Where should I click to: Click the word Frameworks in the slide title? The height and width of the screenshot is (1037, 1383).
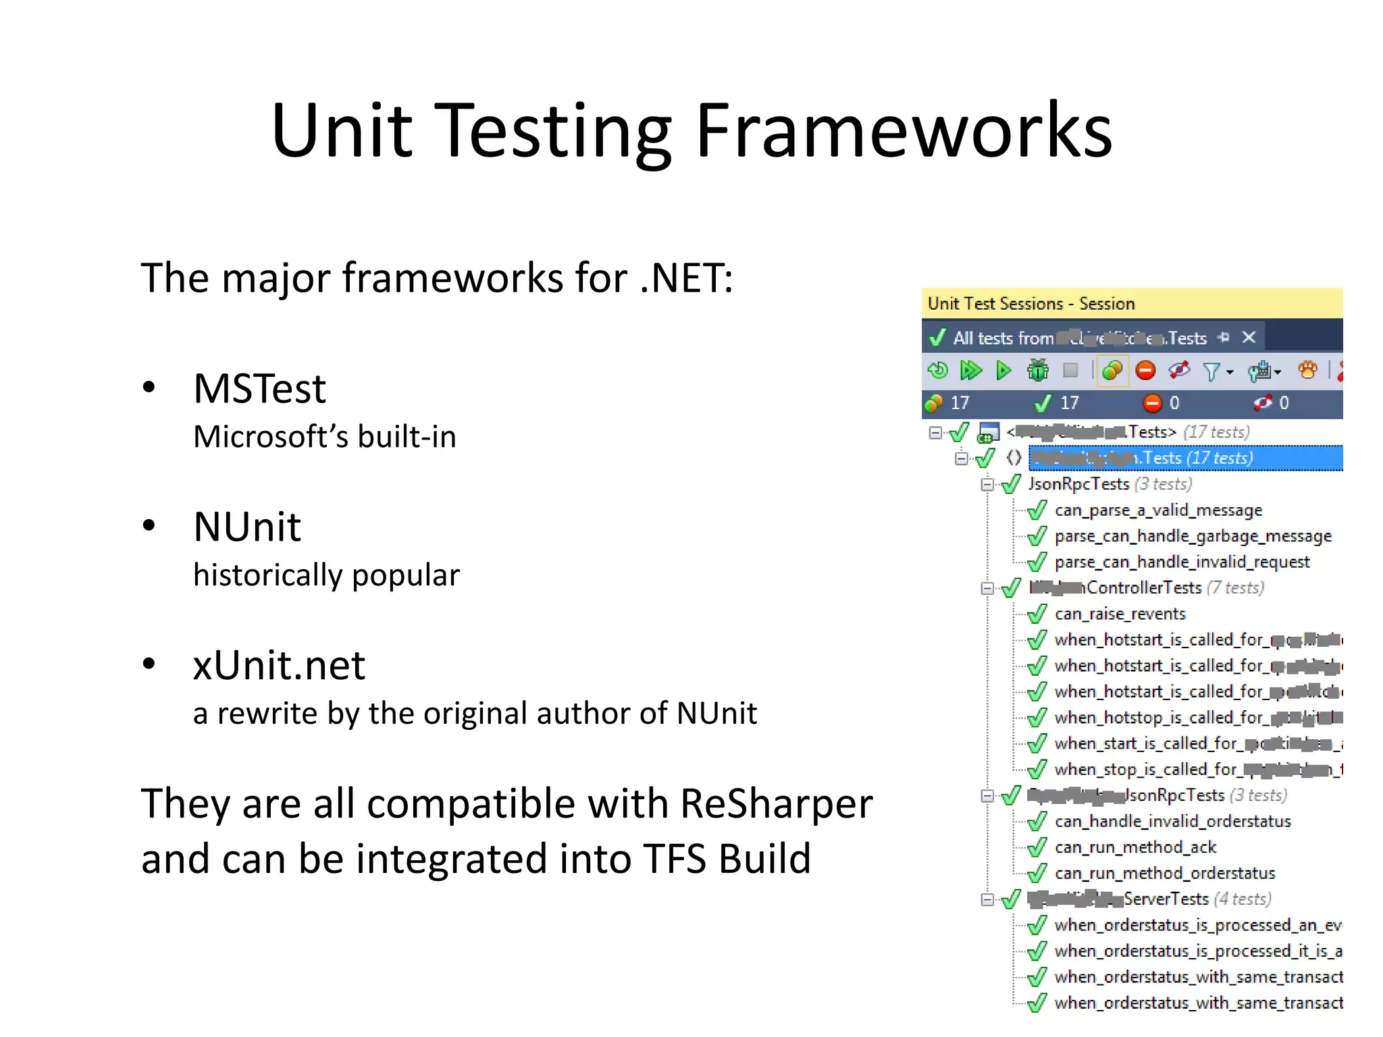click(904, 130)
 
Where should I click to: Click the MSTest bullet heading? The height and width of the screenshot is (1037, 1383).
click(259, 389)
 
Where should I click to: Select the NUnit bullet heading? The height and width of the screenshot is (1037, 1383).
click(246, 527)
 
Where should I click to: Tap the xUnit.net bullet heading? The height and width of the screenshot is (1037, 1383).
click(278, 665)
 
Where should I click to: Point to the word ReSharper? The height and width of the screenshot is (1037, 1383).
click(776, 804)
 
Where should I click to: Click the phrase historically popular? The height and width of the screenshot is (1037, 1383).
click(326, 575)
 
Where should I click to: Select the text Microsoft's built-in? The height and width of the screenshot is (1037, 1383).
click(324, 437)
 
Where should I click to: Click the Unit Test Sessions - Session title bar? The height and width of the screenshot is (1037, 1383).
click(1030, 304)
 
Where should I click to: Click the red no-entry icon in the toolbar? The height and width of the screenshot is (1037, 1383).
click(1145, 370)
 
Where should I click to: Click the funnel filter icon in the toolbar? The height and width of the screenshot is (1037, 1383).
click(1211, 371)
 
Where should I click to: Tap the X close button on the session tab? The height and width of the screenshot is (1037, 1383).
click(1249, 337)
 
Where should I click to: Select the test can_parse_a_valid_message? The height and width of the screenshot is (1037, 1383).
click(1157, 510)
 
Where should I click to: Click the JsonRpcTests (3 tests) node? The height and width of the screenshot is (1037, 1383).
click(1109, 484)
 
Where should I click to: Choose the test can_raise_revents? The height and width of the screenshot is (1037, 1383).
click(1120, 614)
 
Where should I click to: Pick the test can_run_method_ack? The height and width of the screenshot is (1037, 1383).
click(1134, 847)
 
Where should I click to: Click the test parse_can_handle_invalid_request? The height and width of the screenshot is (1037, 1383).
click(1181, 562)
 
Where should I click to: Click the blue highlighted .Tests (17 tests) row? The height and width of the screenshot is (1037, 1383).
click(1185, 458)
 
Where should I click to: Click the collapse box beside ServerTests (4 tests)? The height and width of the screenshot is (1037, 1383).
click(987, 899)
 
